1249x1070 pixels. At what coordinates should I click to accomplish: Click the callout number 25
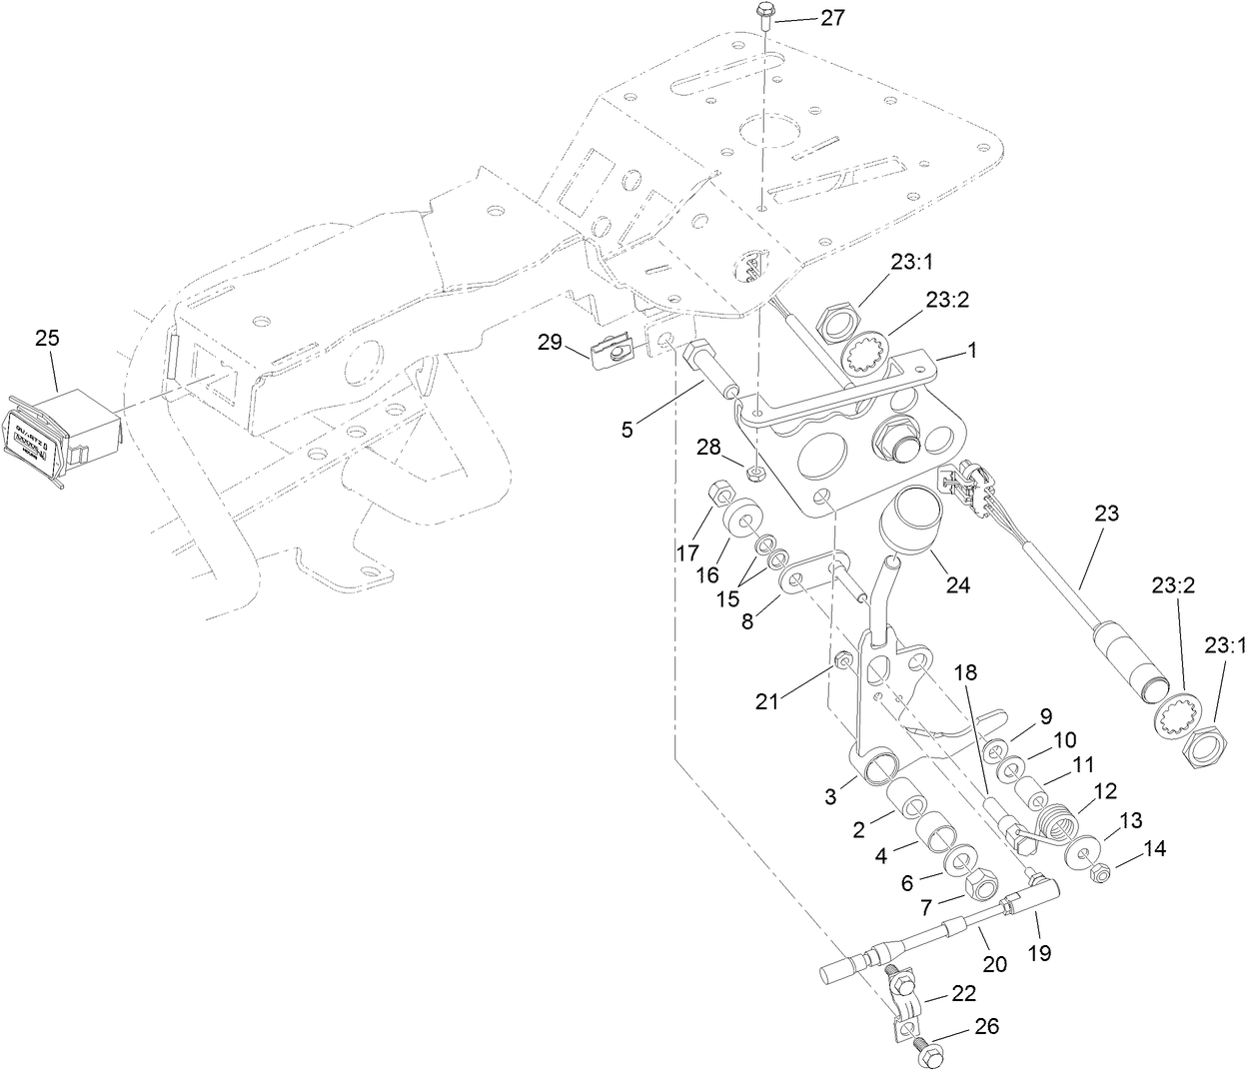tap(47, 339)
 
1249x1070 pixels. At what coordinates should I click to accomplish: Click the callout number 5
tap(626, 431)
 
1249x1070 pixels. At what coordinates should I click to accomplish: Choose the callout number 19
tap(1039, 953)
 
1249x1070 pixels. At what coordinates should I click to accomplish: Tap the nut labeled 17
tap(717, 495)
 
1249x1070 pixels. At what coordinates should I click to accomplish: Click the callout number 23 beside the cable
tap(1106, 514)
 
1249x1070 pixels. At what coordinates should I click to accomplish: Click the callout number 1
tap(970, 352)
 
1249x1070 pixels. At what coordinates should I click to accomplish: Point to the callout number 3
tap(830, 796)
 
